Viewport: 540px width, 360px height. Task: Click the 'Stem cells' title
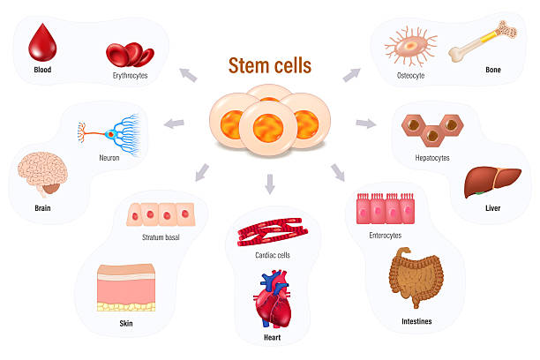pyautogui.click(x=269, y=66)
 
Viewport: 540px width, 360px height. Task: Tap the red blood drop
pyautogui.click(x=42, y=43)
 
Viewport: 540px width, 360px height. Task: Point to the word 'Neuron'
pyautogui.click(x=110, y=159)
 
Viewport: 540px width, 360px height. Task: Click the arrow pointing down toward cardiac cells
pyautogui.click(x=270, y=184)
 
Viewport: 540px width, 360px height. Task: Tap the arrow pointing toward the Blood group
pyautogui.click(x=187, y=76)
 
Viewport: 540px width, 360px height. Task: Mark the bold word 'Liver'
pyautogui.click(x=493, y=208)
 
